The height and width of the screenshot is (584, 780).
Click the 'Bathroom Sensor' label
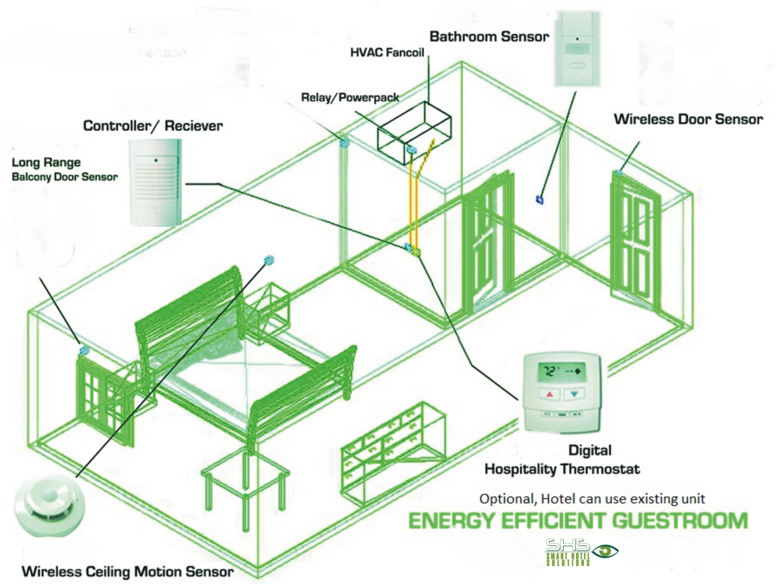click(x=489, y=37)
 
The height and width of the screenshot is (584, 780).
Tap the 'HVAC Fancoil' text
click(x=387, y=53)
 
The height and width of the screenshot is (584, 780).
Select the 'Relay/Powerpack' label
click(x=350, y=97)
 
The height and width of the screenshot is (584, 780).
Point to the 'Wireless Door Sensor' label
click(x=688, y=119)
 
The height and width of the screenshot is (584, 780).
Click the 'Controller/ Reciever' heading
click(x=153, y=126)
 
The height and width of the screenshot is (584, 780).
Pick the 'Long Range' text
click(x=46, y=163)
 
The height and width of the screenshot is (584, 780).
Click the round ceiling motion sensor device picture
click(x=49, y=505)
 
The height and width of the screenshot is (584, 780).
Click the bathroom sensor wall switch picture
click(x=577, y=49)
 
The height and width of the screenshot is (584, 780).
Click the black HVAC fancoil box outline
click(x=414, y=132)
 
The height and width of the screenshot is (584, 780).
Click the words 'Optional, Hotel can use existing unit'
click(x=592, y=499)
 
